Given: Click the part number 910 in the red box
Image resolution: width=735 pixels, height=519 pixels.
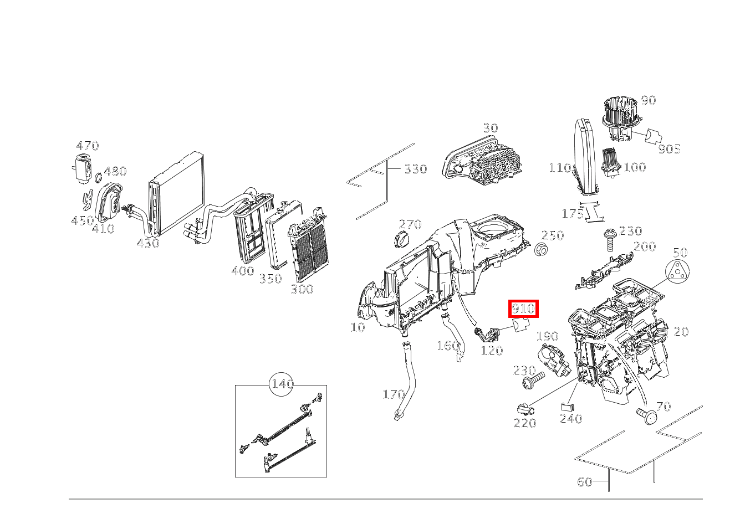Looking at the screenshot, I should (523, 309).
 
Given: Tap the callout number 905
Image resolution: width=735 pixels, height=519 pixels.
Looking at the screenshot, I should (668, 149).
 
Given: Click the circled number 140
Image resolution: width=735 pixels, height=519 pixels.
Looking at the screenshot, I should (282, 384).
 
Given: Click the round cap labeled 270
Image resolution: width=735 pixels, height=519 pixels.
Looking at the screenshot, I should (400, 241).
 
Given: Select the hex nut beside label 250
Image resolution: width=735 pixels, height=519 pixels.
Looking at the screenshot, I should (542, 250).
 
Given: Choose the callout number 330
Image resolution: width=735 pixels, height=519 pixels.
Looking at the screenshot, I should (415, 169).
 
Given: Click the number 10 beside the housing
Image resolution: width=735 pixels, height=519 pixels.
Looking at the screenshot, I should (358, 327).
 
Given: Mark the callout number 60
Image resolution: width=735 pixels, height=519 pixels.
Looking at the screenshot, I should (585, 482).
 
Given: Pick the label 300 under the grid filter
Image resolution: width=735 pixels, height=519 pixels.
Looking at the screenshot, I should (302, 289).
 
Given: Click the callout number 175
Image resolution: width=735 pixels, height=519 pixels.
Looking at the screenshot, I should (572, 213).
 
